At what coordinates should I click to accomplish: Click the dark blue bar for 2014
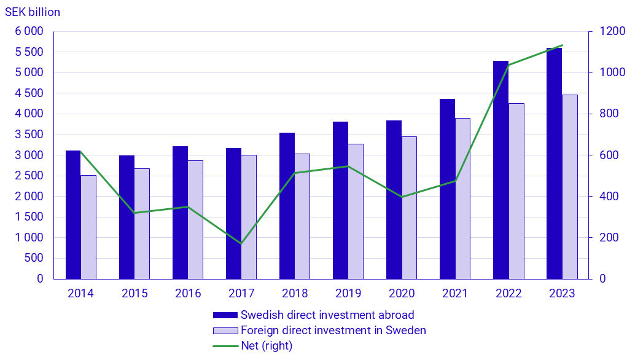click(73, 214)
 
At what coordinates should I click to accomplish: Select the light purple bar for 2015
click(142, 224)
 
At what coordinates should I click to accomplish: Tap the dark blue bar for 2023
click(554, 163)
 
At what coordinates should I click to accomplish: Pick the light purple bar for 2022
click(516, 191)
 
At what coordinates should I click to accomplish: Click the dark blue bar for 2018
click(287, 206)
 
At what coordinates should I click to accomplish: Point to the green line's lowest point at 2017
click(241, 243)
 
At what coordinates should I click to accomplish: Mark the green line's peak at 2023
click(562, 45)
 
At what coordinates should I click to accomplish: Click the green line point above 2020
click(402, 197)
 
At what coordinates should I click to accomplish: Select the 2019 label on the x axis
click(348, 294)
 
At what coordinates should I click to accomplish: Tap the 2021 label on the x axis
click(455, 294)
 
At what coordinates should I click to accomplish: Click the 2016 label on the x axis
click(188, 294)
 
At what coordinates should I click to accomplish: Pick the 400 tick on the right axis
click(602, 197)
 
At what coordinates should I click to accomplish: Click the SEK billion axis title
click(33, 12)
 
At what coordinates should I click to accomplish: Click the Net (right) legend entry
click(267, 346)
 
